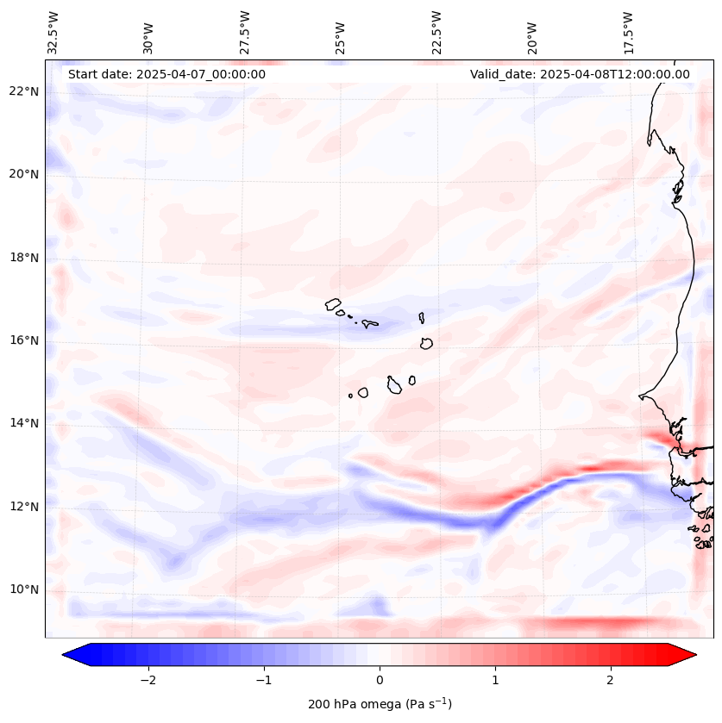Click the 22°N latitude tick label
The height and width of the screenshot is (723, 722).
click(24, 91)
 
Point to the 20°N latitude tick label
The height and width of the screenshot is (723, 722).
click(24, 174)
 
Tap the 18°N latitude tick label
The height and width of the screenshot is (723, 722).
click(24, 258)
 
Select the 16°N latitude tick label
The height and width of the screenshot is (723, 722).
click(24, 340)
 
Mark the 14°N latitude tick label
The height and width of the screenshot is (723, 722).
click(24, 423)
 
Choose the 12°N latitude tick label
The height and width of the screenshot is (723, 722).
click(24, 507)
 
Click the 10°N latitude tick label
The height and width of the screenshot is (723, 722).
click(24, 590)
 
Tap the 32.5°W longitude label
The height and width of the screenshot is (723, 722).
click(53, 33)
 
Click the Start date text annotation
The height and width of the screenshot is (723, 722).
click(166, 74)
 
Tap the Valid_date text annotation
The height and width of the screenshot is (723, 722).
click(580, 74)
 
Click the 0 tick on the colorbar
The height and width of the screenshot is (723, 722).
click(380, 679)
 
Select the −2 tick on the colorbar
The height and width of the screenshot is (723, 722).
click(148, 679)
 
